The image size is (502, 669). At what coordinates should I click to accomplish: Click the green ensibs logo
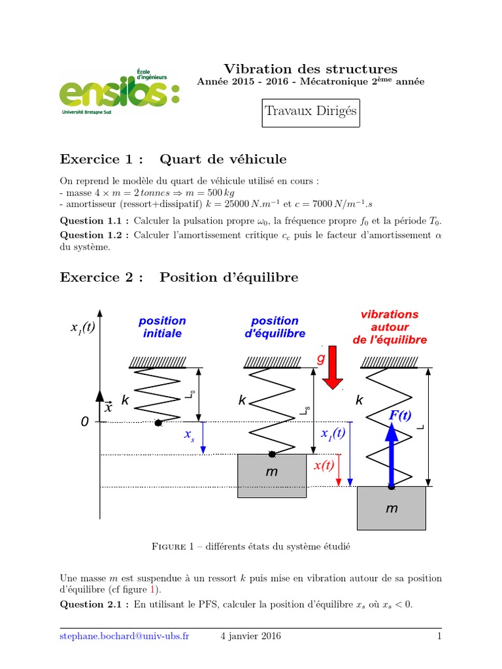[120, 91]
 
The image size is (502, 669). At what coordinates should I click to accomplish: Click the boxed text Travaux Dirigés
[310, 113]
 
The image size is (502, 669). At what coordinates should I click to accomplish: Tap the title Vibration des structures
[310, 69]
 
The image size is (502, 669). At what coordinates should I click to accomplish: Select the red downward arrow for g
[332, 367]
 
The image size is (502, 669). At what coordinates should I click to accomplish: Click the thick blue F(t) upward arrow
[392, 455]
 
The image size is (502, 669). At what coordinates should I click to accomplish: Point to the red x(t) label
[324, 465]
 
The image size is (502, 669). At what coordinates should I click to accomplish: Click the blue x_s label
[189, 435]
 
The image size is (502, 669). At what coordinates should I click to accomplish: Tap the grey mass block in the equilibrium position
[272, 476]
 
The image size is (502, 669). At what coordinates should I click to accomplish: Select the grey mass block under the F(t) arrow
[392, 508]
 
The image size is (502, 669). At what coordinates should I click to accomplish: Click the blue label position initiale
[162, 327]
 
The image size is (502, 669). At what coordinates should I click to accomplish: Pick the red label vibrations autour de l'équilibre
[390, 327]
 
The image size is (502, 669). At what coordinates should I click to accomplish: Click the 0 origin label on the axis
[84, 421]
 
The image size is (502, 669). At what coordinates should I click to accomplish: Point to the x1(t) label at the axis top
[82, 328]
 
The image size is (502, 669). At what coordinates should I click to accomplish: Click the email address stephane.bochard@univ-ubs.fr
[124, 636]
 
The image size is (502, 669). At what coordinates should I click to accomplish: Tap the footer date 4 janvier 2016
[250, 636]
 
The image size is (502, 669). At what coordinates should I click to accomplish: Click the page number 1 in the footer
[439, 636]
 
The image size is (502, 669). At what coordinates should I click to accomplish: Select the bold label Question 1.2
[91, 235]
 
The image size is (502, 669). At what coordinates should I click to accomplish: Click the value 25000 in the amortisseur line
[237, 204]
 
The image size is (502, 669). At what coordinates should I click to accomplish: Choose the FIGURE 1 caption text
[251, 547]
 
